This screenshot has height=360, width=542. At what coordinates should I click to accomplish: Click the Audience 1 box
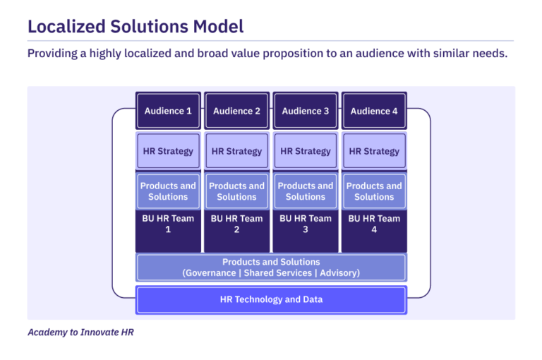168,111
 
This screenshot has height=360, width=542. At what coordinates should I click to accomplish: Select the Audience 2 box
236,111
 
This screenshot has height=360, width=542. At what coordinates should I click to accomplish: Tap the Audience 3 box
306,111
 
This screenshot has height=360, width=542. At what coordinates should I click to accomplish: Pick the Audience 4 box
374,111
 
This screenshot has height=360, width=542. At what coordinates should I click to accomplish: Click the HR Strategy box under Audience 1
168,151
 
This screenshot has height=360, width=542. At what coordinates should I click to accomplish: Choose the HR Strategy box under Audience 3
306,151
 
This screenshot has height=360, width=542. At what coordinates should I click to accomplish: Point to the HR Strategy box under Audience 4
374,151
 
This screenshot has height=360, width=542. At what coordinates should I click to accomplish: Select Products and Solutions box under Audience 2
236,191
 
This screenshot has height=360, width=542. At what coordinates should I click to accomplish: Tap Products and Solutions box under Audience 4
374,191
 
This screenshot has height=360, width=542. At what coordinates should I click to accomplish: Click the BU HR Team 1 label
168,224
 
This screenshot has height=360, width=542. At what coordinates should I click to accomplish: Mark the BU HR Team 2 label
236,224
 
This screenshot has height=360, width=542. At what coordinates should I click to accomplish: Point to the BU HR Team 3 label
306,224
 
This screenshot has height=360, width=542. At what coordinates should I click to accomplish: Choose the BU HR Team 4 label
374,224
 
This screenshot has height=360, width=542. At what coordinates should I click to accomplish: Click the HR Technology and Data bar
271,299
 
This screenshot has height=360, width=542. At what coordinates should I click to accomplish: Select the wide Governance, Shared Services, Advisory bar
271,268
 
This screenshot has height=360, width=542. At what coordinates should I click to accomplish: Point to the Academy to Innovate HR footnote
80,332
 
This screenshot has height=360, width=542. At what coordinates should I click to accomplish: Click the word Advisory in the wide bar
337,272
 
